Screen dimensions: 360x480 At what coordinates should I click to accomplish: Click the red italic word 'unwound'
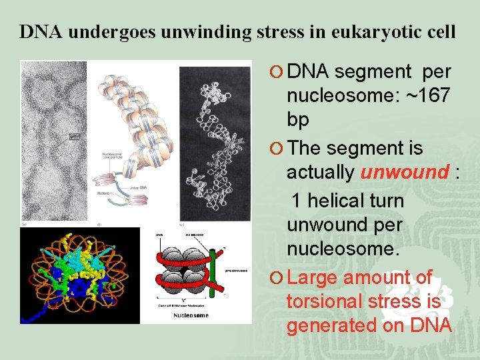[x=405, y=172]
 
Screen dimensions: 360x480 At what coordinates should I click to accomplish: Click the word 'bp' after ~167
[x=298, y=120]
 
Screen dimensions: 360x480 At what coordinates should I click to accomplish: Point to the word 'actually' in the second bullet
[x=321, y=172]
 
